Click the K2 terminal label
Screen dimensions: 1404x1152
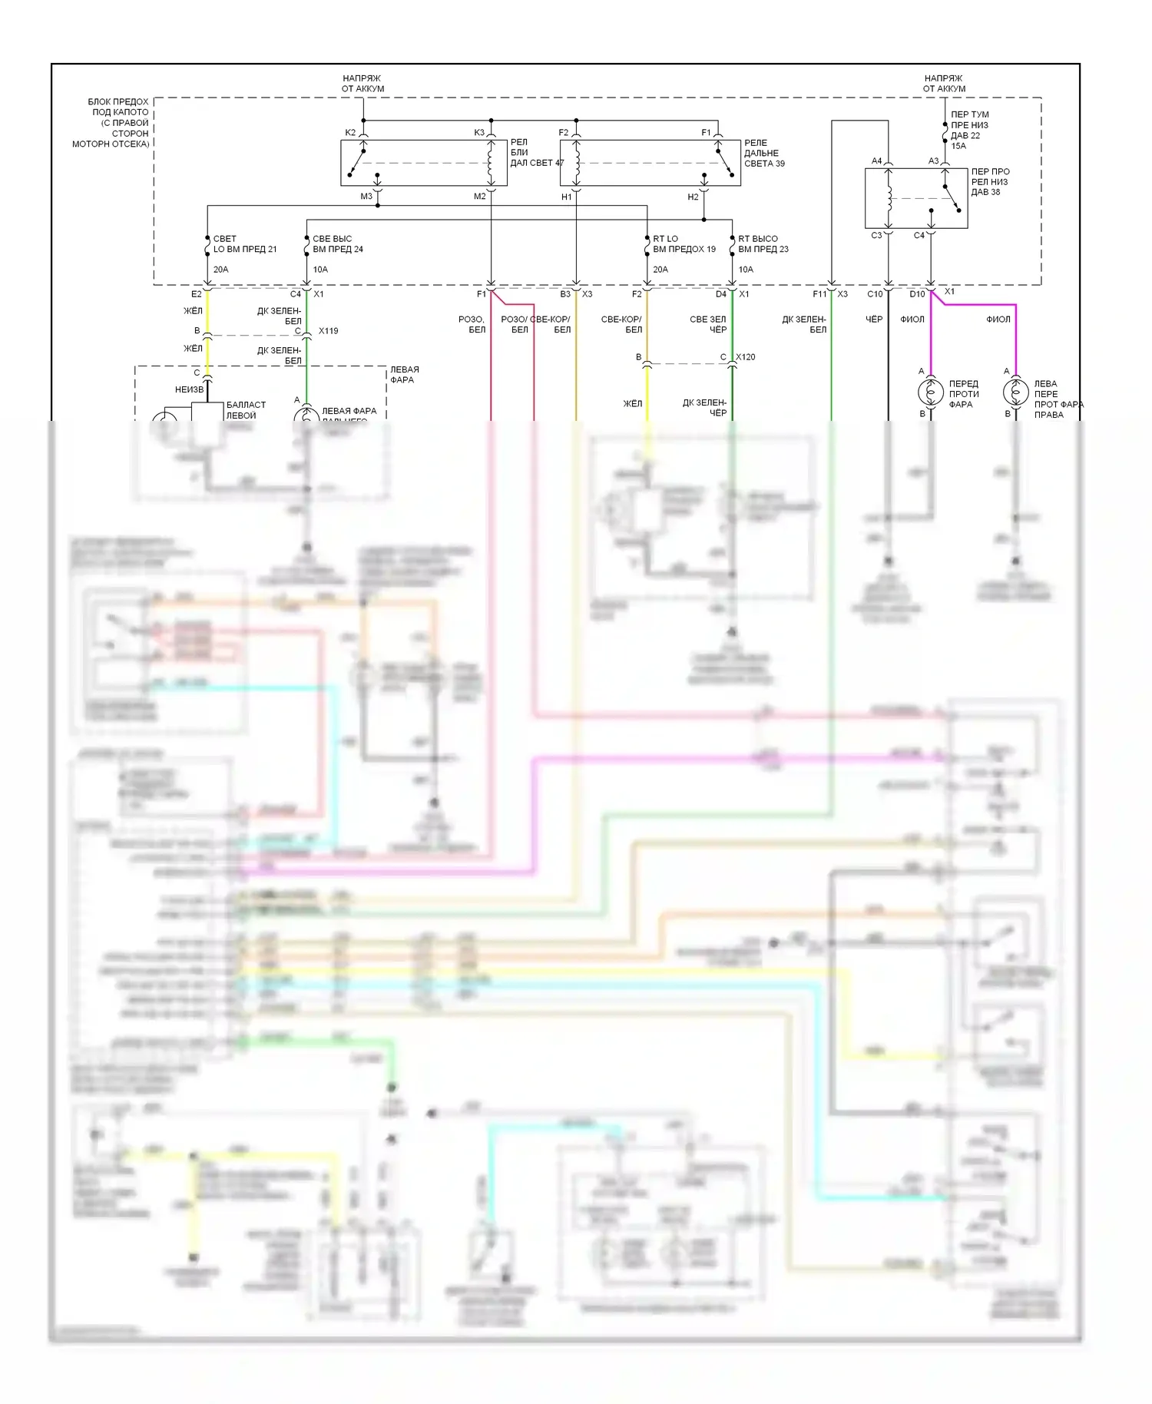click(350, 133)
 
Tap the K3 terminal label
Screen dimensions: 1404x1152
click(479, 133)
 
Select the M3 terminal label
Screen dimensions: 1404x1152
click(366, 197)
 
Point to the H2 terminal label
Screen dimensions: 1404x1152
click(693, 197)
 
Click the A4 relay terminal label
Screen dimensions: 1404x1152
click(876, 161)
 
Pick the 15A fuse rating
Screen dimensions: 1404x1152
click(958, 146)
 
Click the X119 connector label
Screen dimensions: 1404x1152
click(328, 331)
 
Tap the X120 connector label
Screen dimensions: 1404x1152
click(745, 357)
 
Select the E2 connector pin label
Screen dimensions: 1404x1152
click(196, 294)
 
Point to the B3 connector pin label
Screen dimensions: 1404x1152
click(565, 294)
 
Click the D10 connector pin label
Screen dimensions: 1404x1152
click(917, 294)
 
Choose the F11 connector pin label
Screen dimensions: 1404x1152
click(819, 294)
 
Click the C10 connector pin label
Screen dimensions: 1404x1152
click(875, 294)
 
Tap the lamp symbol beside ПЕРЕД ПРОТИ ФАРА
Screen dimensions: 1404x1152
click(931, 392)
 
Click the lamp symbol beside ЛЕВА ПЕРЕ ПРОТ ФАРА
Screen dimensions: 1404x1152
click(1015, 392)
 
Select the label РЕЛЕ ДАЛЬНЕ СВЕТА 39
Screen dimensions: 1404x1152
click(763, 153)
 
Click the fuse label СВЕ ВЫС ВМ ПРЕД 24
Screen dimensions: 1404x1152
click(337, 244)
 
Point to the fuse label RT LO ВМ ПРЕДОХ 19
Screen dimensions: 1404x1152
click(684, 244)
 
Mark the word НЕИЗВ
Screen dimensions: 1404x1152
click(189, 389)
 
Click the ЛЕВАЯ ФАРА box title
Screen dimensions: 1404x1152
click(404, 375)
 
